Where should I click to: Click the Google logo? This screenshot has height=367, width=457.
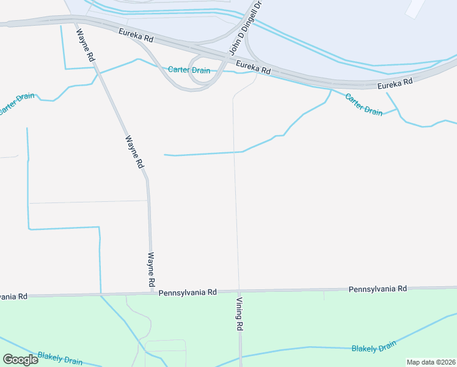pos(20,359)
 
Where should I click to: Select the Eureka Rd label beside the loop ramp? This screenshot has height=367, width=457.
pos(253,67)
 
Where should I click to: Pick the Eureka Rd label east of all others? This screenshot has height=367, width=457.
pos(395,83)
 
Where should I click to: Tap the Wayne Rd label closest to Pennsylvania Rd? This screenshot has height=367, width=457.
pos(151,270)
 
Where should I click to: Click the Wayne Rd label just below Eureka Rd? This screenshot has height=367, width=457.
pos(86,46)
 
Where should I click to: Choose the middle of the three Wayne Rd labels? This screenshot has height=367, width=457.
pos(134,151)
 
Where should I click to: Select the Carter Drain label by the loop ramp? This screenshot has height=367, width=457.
pos(189,70)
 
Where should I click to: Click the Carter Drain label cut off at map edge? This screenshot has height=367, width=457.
pos(16,104)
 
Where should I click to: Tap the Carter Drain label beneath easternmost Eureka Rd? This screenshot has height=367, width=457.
pos(364,104)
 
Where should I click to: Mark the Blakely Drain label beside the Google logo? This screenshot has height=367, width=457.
pos(60,358)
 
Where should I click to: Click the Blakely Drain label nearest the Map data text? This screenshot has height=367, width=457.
pos(374,348)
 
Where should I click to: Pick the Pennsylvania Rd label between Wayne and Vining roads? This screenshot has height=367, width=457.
pos(188,292)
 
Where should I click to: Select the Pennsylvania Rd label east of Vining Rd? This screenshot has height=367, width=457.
pos(377,288)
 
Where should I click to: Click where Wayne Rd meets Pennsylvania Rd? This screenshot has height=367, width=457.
pos(152,292)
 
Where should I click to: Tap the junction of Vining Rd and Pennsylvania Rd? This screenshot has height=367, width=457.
pos(238,291)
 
